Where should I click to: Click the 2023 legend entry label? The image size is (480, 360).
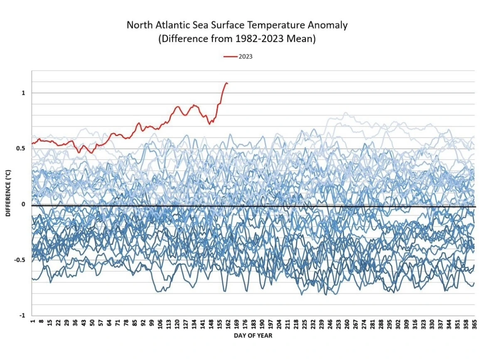245,57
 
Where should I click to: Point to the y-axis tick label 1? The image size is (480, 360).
24,93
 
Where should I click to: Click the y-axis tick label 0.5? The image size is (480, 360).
21,148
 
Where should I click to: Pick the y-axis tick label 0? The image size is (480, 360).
24,204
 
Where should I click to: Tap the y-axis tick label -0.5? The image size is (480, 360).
20,260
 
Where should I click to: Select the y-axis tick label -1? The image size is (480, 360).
23,315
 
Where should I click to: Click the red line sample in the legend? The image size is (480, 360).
230,57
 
